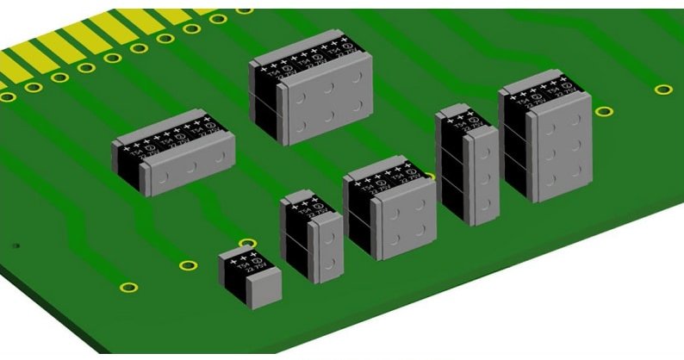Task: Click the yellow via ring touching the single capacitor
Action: click(x=247, y=244)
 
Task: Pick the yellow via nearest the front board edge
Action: click(x=128, y=287)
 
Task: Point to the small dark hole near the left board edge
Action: click(x=16, y=245)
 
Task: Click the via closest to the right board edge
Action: click(x=662, y=89)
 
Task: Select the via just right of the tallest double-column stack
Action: click(x=605, y=111)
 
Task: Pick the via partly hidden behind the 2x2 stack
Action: click(x=430, y=176)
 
